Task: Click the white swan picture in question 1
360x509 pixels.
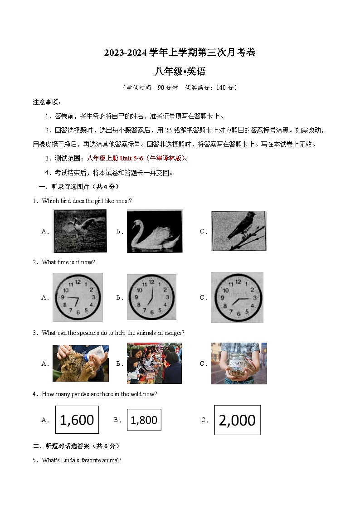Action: [x=155, y=231]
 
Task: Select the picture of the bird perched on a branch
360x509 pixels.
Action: [x=238, y=231]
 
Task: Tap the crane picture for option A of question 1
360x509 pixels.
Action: [x=80, y=231]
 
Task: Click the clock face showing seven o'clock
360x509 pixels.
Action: [x=151, y=297]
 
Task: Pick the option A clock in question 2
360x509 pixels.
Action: [x=78, y=297]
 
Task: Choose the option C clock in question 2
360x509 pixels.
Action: [x=237, y=297]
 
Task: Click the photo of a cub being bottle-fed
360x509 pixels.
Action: [x=80, y=363]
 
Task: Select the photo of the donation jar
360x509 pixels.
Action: [x=238, y=363]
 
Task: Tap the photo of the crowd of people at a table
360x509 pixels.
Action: [x=154, y=363]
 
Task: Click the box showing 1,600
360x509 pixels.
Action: [x=77, y=420]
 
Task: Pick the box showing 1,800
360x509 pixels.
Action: [x=144, y=420]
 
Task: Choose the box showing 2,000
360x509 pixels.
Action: [x=237, y=420]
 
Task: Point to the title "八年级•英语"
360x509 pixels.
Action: [x=180, y=71]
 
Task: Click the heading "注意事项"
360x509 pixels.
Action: [x=46, y=102]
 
